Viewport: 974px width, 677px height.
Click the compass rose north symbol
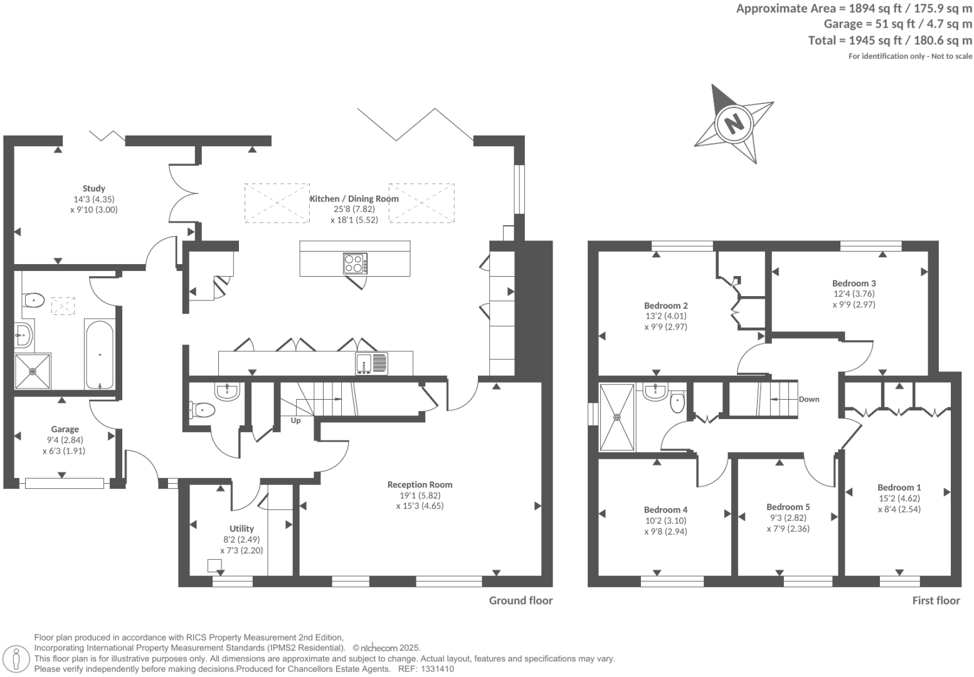(733, 122)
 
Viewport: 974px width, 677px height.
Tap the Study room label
(94, 188)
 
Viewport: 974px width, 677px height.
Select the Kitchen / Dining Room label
(354, 198)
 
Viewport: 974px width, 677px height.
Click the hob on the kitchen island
(355, 264)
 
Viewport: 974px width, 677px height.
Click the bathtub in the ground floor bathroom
(99, 354)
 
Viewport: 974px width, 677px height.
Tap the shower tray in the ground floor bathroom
(33, 371)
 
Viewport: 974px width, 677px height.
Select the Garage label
(65, 429)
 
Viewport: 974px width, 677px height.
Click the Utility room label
(241, 528)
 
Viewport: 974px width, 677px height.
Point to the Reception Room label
(420, 484)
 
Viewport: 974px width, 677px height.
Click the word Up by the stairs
(295, 420)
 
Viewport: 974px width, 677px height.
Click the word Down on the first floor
(809, 399)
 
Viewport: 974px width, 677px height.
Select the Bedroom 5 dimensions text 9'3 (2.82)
(788, 518)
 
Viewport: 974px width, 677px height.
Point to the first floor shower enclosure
(617, 417)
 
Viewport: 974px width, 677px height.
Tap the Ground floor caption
(521, 600)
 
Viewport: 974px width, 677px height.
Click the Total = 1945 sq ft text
(890, 40)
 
